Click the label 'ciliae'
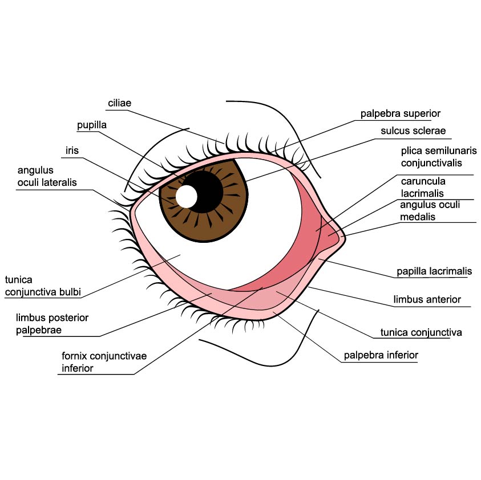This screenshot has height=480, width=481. point(119,103)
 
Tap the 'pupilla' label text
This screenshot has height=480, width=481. point(92,125)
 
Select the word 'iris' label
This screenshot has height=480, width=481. point(72,150)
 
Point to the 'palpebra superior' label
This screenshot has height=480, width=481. point(401,113)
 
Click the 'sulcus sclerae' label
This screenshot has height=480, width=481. point(413,131)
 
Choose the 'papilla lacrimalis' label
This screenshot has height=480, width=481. point(434,271)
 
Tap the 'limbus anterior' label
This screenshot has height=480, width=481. point(427,299)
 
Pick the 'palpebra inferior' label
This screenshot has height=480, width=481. point(381,355)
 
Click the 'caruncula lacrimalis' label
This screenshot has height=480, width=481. point(423,188)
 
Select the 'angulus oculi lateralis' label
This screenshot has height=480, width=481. point(47,176)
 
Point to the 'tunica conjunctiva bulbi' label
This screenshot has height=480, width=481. point(43,286)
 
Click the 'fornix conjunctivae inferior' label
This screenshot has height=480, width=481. point(104,362)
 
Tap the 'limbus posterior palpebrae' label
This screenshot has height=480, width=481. point(52,324)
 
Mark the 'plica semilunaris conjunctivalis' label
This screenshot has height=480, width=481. point(439,157)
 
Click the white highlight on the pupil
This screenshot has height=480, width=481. point(186,197)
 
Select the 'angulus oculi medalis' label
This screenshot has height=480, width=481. point(430,211)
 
